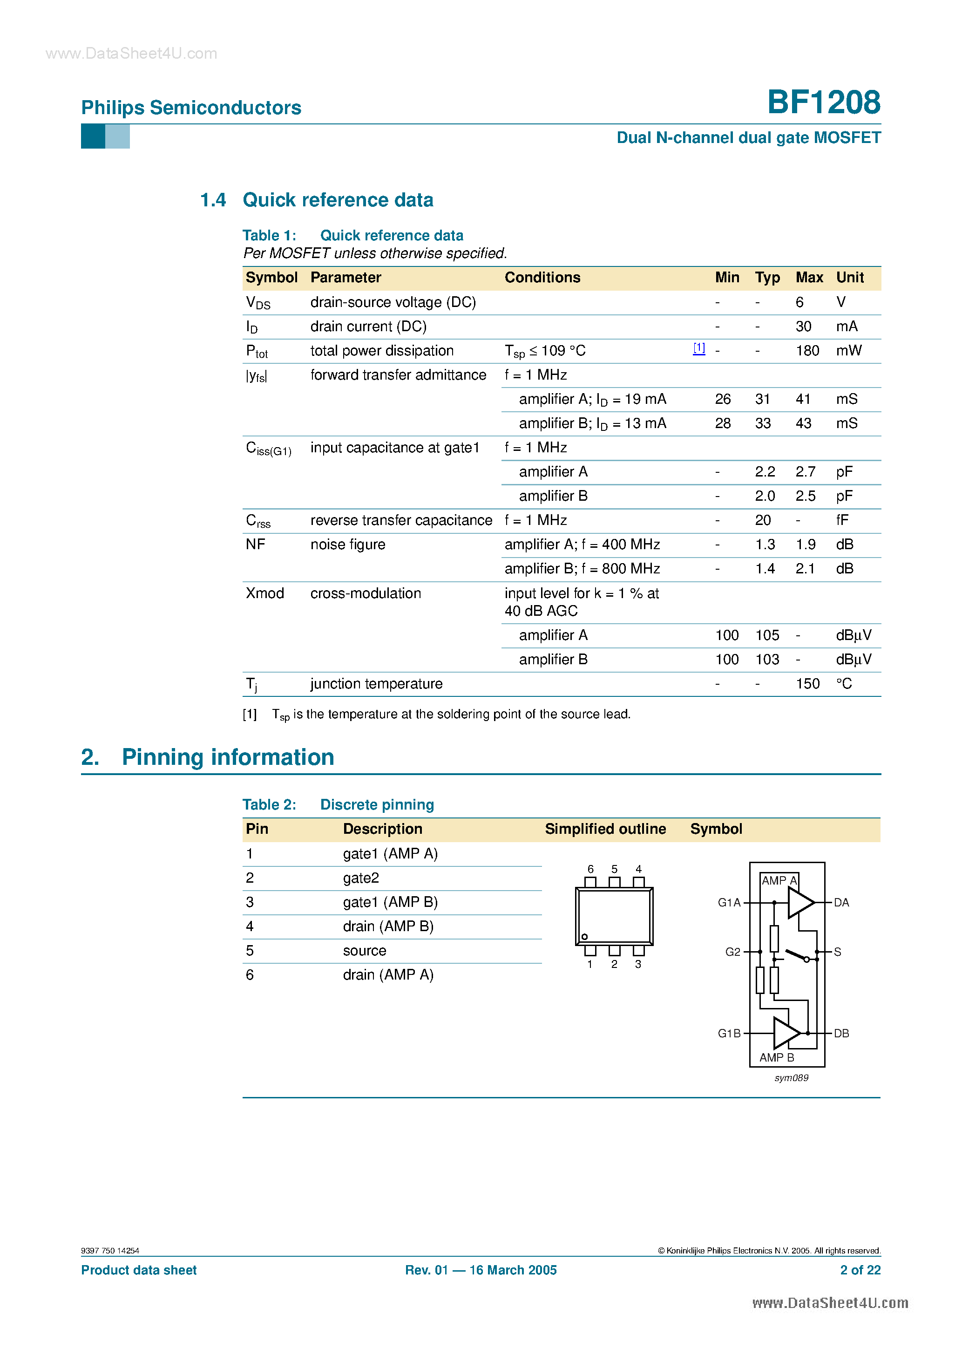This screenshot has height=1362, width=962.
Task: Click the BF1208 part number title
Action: coord(823,102)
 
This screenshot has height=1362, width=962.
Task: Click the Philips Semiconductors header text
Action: coord(191,108)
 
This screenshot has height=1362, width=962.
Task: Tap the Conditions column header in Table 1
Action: coord(542,278)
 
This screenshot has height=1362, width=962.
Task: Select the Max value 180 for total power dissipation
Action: coord(807,351)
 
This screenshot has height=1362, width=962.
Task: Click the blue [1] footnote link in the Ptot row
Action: coord(698,348)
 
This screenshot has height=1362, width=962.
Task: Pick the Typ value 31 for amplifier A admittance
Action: coord(762,399)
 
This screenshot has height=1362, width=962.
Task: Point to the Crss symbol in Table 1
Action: coord(258,521)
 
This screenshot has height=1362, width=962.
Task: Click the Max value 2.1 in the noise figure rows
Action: coord(805,569)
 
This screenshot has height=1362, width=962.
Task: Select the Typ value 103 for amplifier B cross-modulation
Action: coord(767,660)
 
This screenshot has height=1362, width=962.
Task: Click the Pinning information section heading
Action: coord(228,757)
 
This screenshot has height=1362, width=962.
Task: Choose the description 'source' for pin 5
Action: coord(364,951)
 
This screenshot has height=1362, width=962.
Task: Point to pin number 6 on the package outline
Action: coord(590,869)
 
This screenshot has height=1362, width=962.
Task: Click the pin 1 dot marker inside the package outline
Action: coord(584,937)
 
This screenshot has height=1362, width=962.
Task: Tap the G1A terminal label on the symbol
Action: coord(729,903)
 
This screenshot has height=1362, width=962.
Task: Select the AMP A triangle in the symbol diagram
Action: coord(799,903)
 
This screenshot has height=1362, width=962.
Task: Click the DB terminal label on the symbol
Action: coord(841,1033)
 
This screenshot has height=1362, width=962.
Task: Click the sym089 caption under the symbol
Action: coord(791,1078)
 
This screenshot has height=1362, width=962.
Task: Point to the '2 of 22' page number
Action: coord(860,1270)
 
